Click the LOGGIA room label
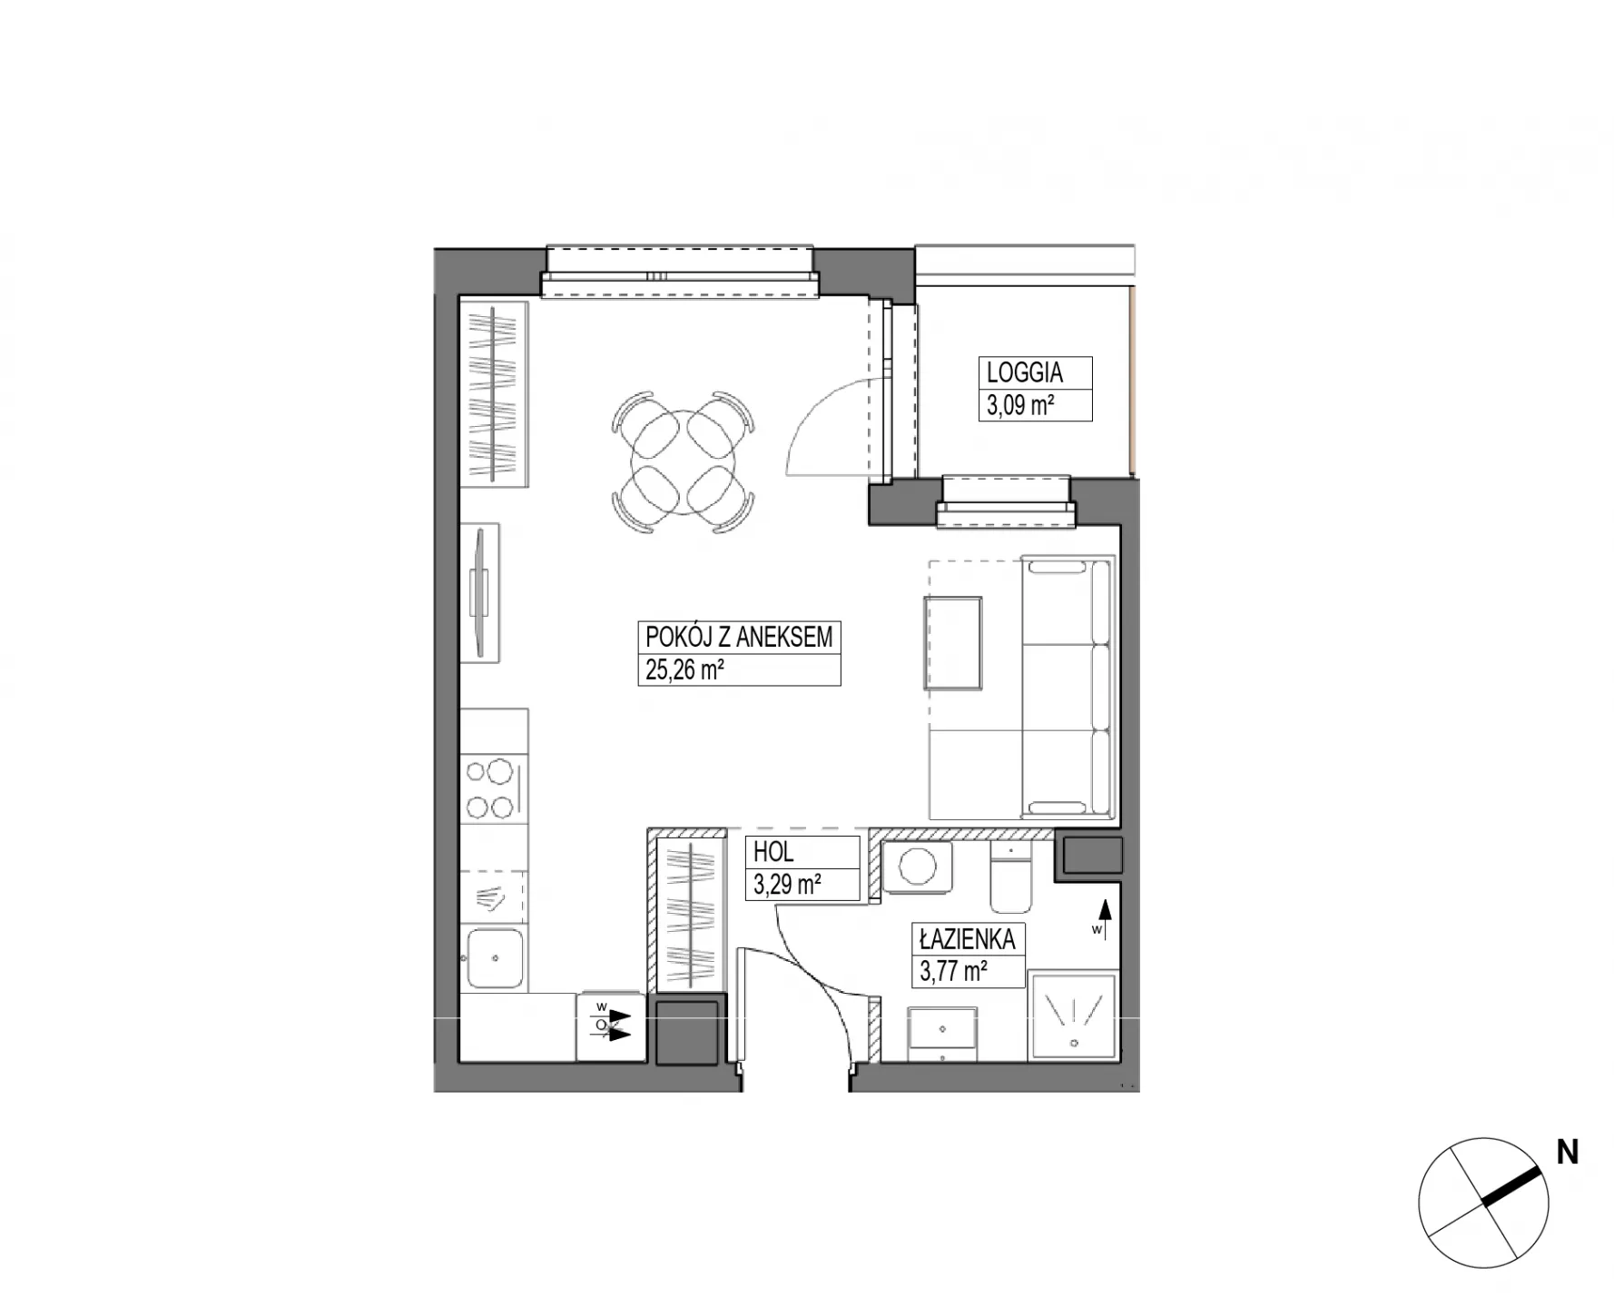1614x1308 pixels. point(1025,372)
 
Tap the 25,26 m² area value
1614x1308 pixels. point(684,669)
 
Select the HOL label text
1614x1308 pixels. point(773,852)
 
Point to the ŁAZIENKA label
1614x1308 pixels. point(966,938)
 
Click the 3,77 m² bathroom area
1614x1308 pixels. point(953,971)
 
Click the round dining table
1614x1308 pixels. point(684,461)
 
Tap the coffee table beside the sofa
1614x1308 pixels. point(953,643)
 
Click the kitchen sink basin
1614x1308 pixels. point(495,958)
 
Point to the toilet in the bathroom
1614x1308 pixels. point(1009,877)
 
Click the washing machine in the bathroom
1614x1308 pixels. point(916,867)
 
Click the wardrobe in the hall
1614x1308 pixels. point(689,913)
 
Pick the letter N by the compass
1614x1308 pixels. point(1568,1152)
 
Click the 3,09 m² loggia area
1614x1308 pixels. point(1020,404)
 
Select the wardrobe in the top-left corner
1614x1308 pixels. point(494,393)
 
